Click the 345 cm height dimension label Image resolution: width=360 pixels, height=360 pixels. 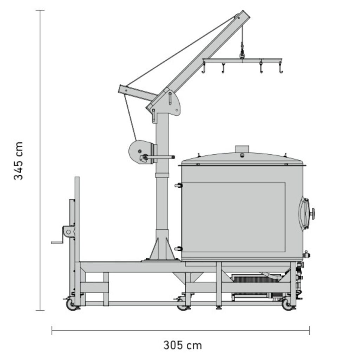click(18, 161)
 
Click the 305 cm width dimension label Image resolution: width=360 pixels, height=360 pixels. click(183, 345)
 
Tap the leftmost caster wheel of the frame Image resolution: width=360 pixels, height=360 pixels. click(71, 304)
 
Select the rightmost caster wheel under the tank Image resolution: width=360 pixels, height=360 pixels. click(287, 304)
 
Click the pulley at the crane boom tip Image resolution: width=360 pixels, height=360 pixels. click(237, 17)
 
